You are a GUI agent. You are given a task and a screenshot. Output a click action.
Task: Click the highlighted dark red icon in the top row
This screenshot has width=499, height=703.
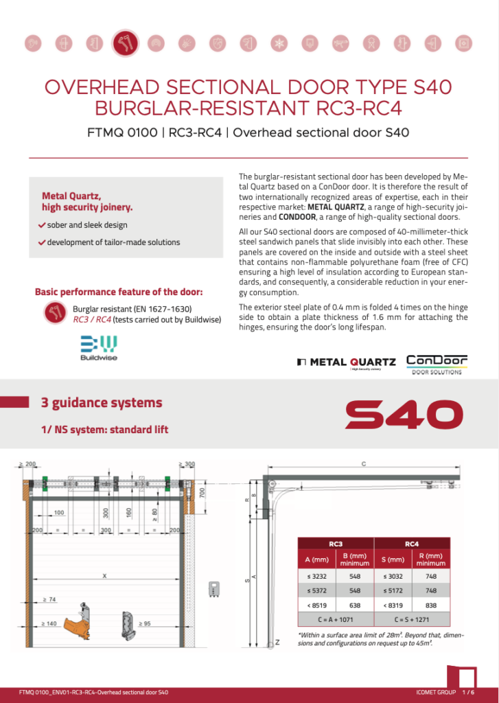125,43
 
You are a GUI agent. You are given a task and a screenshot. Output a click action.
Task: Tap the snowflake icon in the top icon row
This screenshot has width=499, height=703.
279,43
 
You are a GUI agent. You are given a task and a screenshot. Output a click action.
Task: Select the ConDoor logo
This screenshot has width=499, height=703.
437,365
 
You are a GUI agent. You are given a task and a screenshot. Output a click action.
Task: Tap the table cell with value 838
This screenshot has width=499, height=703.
431,606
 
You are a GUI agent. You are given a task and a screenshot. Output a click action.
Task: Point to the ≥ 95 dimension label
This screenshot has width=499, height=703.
146,623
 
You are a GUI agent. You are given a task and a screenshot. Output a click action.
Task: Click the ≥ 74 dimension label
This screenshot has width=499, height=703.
49,599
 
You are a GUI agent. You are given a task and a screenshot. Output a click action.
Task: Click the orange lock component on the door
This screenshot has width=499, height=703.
86,615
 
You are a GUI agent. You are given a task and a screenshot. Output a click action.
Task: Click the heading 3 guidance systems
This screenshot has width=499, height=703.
102,402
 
